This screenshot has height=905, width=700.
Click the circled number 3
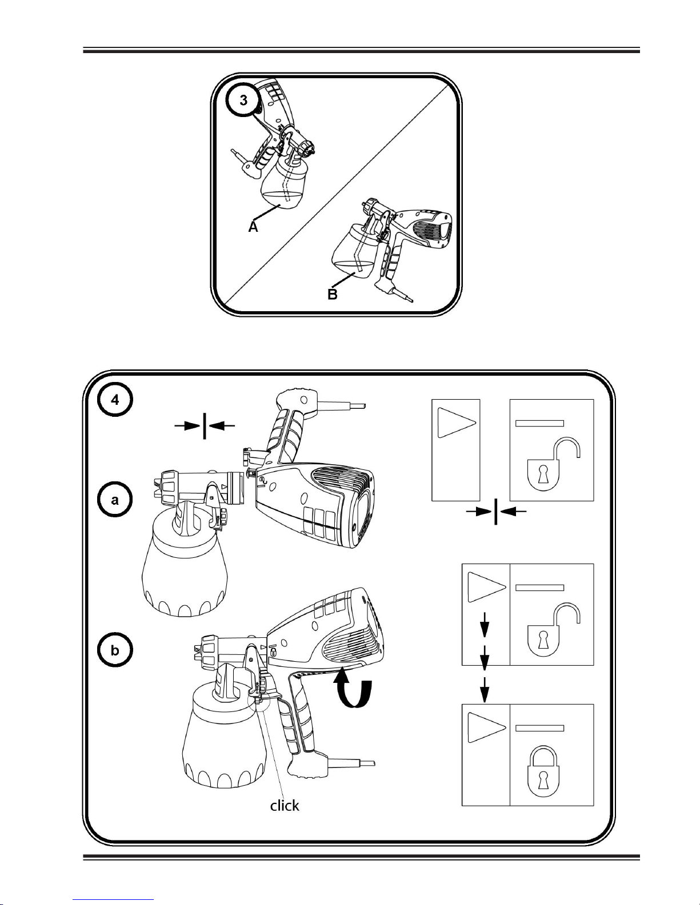(244, 100)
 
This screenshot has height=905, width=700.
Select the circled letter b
(115, 651)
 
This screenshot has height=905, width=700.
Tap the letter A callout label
(253, 227)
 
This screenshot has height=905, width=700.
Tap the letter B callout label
(333, 295)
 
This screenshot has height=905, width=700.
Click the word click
(285, 805)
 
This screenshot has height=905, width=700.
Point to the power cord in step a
(343, 406)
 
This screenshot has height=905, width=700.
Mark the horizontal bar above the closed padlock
(540, 728)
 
